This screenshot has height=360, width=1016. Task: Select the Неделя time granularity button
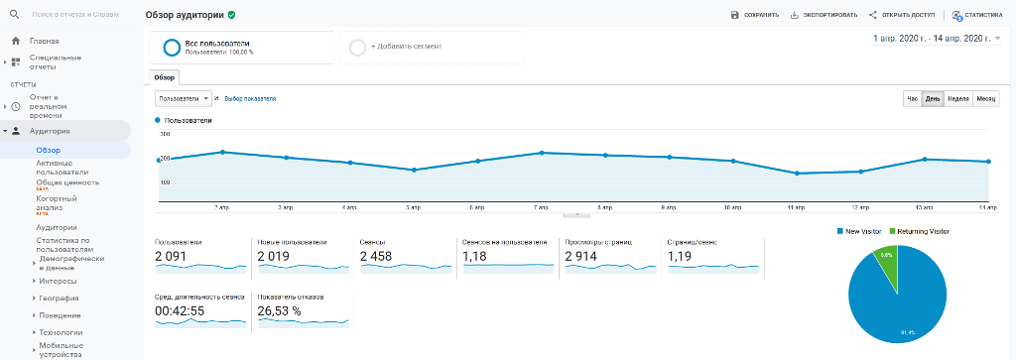957,98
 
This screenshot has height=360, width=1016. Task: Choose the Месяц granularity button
986,98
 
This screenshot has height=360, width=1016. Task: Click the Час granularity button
913,98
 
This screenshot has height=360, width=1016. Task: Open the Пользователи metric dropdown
184,98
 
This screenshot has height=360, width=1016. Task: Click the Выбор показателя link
250,98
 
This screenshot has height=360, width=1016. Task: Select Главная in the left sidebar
44,41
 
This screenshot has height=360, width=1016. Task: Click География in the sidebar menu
59,298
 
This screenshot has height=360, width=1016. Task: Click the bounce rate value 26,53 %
279,311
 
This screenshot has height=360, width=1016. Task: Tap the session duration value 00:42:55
180,311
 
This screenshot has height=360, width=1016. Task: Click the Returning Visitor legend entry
923,231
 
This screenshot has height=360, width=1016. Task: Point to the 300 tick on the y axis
165,133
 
